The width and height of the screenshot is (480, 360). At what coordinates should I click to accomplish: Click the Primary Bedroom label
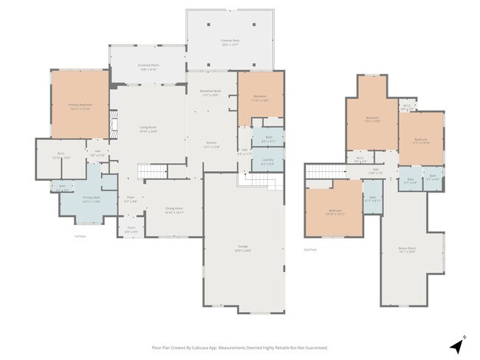coord(79,107)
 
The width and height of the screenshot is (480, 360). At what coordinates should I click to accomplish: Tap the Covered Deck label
coord(229,41)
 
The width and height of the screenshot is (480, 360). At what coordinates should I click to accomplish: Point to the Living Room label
coord(148,128)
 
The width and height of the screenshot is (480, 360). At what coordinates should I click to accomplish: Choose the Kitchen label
coord(211,145)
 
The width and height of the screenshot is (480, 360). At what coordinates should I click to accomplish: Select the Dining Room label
coord(174,210)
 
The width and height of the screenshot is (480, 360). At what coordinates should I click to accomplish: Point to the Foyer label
coord(130,198)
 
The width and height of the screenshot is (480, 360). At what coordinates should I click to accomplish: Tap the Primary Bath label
coord(91,198)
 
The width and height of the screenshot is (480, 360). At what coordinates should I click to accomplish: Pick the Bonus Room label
coord(408,249)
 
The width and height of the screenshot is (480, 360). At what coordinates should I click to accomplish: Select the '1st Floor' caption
coord(80,236)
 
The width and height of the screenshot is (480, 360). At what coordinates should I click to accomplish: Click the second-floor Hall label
coord(375,171)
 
